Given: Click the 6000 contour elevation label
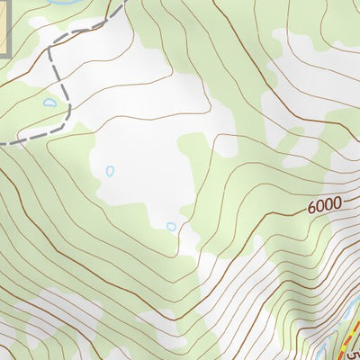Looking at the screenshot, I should pos(324,205).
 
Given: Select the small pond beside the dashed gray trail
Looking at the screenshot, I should pos(49,103).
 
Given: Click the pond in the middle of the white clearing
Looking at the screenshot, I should pos(110,170).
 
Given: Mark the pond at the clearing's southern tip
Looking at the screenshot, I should pos(171,226).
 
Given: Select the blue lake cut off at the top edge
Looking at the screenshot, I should pos(63,2).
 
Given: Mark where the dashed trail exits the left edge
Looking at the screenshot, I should pos(3,142).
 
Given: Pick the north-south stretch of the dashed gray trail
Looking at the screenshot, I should pos(51,67).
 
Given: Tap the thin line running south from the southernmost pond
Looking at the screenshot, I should pos(184,243).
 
